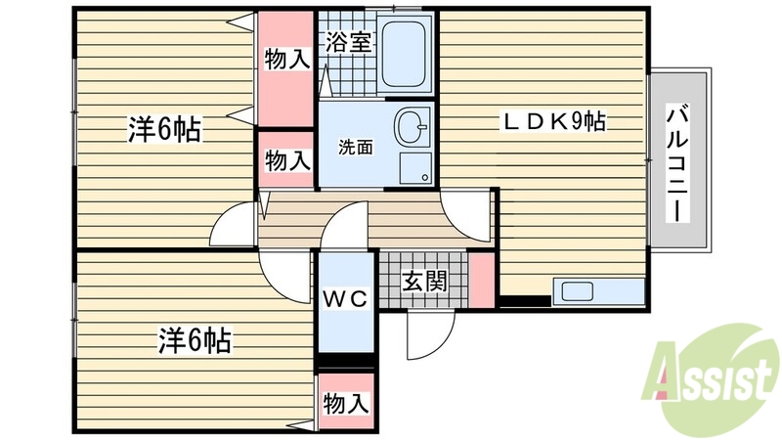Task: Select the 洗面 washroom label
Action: (x=355, y=149)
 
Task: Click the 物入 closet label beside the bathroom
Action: (x=286, y=60)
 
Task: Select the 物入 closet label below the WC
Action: (x=345, y=401)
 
